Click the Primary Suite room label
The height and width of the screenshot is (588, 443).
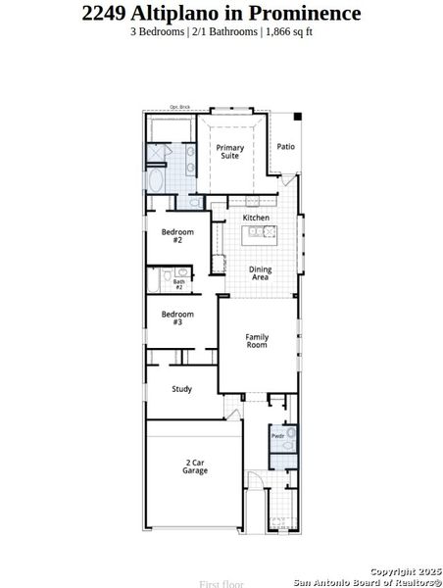tap(230, 151)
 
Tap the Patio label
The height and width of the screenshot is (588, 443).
tap(285, 147)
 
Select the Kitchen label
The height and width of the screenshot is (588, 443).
tap(256, 218)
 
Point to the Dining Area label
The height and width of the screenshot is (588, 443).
tap(260, 273)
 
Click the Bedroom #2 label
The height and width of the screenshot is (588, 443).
tap(177, 236)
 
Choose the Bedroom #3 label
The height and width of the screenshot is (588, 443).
tap(177, 318)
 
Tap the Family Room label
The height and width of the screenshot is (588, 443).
tap(257, 341)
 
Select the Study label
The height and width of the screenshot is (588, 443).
tap(181, 389)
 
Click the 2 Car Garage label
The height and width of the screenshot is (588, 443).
tap(194, 466)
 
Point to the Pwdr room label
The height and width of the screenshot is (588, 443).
tap(278, 435)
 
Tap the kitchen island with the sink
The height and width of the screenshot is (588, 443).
tap(261, 232)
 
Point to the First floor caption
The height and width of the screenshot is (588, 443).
tap(221, 584)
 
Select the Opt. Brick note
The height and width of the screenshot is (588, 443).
tap(179, 107)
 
